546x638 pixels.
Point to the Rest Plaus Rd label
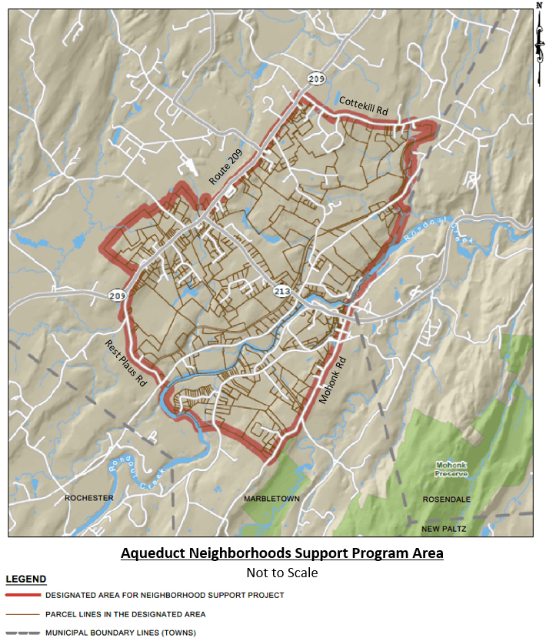(125, 362)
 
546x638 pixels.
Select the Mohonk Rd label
(333, 382)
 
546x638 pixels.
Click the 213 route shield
(282, 291)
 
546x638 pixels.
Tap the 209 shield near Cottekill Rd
(316, 78)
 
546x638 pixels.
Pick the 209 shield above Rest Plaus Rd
(116, 295)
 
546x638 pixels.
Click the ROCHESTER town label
(89, 498)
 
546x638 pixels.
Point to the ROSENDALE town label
(446, 499)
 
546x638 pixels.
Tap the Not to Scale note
(282, 573)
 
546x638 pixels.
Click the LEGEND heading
(26, 580)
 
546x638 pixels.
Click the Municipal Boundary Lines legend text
(120, 633)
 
